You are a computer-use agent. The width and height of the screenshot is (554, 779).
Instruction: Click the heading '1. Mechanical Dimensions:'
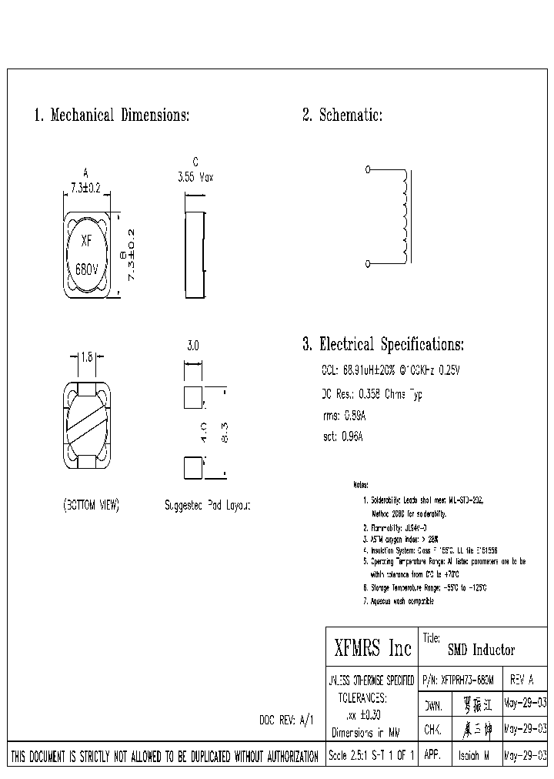click(x=112, y=116)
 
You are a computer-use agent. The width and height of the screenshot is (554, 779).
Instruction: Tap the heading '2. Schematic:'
click(x=342, y=116)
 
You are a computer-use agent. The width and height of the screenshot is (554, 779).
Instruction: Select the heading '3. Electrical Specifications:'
click(x=383, y=345)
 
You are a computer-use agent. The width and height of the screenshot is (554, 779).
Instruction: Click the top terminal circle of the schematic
click(x=367, y=169)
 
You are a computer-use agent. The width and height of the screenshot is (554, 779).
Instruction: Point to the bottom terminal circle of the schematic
click(x=367, y=264)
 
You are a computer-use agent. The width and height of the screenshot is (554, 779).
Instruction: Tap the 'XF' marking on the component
click(x=87, y=240)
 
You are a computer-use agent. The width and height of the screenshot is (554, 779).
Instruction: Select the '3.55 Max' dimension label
click(x=195, y=176)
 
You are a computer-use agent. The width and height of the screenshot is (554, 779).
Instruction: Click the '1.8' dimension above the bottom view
click(x=87, y=356)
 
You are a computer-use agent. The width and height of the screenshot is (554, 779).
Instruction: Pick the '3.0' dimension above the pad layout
click(x=193, y=347)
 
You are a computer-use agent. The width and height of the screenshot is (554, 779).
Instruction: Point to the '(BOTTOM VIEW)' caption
click(x=90, y=506)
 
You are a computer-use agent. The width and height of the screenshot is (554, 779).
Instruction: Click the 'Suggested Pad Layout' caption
click(x=208, y=506)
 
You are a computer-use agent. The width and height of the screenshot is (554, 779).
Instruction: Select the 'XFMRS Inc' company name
click(x=373, y=648)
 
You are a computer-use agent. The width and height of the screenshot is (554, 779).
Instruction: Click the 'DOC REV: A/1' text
click(x=286, y=719)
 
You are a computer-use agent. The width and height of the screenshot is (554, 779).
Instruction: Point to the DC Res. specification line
click(x=372, y=394)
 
